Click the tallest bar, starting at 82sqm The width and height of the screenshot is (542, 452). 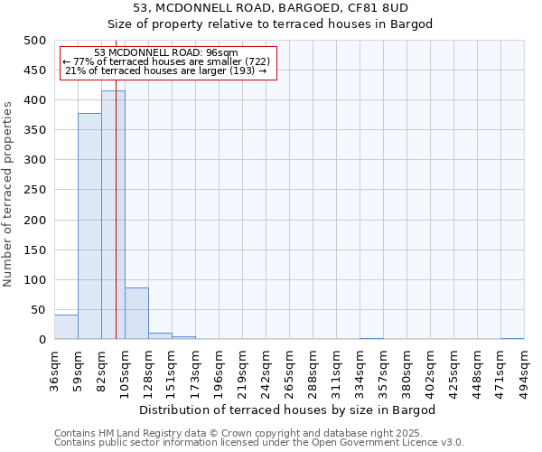click(113, 215)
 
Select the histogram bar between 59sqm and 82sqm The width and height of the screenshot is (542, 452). click(89, 226)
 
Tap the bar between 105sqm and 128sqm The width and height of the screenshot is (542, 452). click(136, 314)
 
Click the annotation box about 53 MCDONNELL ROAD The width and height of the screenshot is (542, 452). click(167, 62)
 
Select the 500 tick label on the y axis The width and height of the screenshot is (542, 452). click(35, 41)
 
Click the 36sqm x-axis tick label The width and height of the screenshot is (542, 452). click(54, 371)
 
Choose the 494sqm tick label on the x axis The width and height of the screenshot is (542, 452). click(524, 371)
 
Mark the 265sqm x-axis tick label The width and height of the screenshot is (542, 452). click(289, 371)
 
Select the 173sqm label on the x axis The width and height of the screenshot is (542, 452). click(195, 371)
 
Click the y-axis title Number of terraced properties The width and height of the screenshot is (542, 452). click(8, 193)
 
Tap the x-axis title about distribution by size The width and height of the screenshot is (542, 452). click(287, 410)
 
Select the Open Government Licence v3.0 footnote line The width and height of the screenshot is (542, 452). click(259, 443)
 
